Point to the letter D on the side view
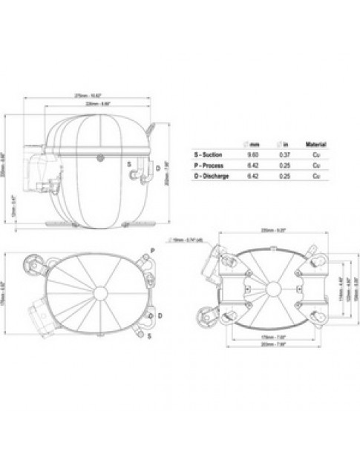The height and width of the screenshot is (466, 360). click(160, 169)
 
